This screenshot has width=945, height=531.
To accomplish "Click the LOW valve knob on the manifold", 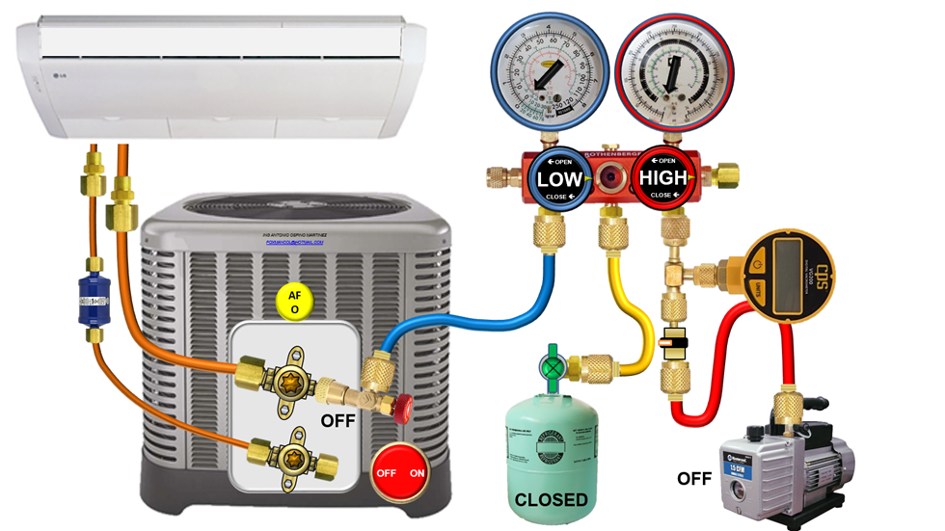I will [559, 178].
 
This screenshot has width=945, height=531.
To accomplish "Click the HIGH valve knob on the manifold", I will [663, 178].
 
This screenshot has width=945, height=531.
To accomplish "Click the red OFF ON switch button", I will [401, 473].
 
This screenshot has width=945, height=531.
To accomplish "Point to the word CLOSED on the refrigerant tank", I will [551, 500].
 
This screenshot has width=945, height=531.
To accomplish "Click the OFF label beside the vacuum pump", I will [694, 479].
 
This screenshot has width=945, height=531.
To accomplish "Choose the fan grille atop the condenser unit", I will [289, 208].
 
